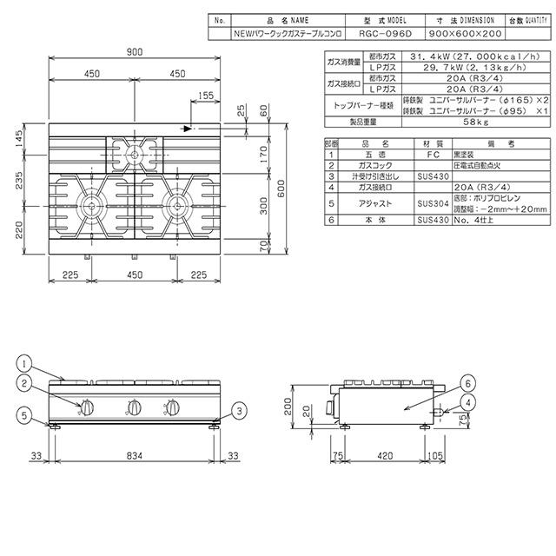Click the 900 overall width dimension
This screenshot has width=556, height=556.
click(134, 53)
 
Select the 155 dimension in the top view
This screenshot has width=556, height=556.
click(205, 95)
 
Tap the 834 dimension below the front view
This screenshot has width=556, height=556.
click(134, 454)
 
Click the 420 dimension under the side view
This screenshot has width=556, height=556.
click(389, 454)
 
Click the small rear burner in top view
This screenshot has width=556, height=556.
click(134, 154)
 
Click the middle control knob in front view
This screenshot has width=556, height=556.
click(134, 407)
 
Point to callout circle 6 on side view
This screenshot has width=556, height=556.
click(467, 383)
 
